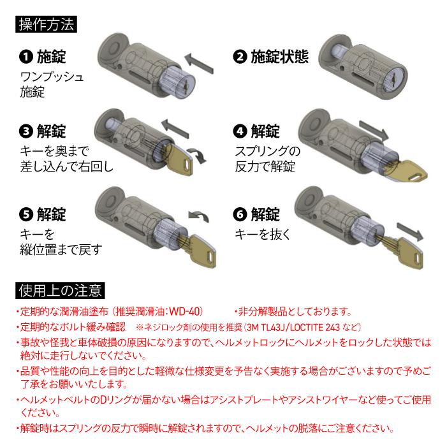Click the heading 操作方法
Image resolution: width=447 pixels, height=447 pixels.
pyautogui.click(x=46, y=24)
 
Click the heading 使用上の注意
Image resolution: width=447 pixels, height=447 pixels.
pyautogui.click(x=60, y=291)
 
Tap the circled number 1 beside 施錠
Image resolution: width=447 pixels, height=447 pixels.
pyautogui.click(x=26, y=57)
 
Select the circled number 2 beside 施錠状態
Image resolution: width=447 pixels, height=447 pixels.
pyautogui.click(x=240, y=57)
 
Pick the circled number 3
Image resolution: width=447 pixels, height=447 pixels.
pyautogui.click(x=26, y=131)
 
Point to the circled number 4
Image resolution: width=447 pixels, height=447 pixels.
pyautogui.click(x=240, y=131)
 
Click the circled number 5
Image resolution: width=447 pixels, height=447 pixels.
pyautogui.click(x=26, y=214)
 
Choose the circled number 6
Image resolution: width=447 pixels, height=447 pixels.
pyautogui.click(x=240, y=214)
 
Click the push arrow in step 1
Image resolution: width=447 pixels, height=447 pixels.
pyautogui.click(x=199, y=64)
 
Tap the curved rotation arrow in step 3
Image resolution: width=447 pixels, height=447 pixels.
pyautogui.click(x=197, y=155)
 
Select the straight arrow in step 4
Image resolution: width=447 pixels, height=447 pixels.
pyautogui.click(x=374, y=130)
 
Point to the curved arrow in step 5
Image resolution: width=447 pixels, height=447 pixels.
pyautogui.click(x=199, y=216)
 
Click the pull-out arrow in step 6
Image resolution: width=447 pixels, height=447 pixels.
pyautogui.click(x=410, y=231)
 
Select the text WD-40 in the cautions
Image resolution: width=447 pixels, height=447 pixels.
pyautogui.click(x=185, y=311)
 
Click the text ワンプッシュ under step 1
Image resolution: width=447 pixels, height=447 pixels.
pyautogui.click(x=52, y=77)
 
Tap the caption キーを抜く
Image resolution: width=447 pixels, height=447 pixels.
pyautogui.click(x=262, y=234)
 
